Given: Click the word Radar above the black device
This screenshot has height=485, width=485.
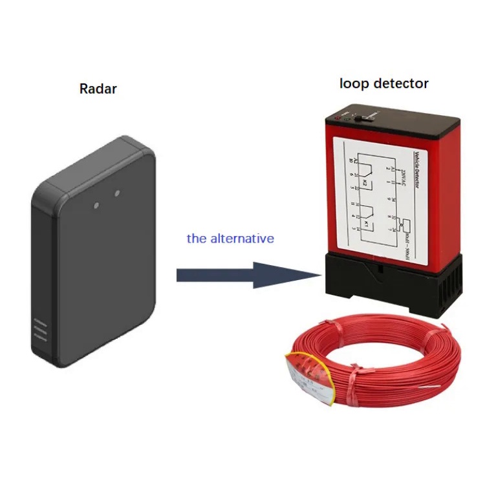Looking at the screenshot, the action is tap(98, 89).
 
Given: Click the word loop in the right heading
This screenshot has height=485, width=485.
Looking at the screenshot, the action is tap(354, 83).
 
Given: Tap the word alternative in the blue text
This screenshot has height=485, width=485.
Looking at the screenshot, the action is tap(242, 239).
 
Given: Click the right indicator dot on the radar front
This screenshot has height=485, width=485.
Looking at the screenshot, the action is tap(117, 192).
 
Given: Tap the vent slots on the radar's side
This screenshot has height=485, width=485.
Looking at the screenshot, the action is tap(40, 330).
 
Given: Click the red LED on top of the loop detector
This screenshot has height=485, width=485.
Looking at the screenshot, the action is tap(339, 118).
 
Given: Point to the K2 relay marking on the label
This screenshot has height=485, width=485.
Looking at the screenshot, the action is tap(364, 184).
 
